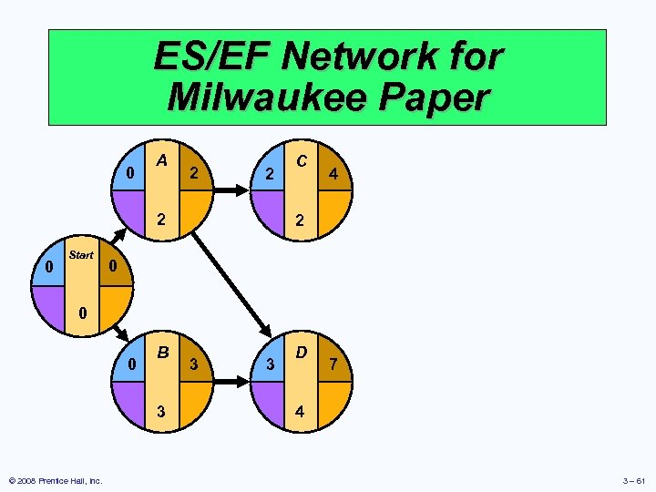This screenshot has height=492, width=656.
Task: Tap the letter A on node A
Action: tap(161, 160)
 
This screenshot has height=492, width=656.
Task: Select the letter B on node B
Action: tap(163, 352)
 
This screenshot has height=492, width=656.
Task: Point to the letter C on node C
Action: tap(301, 160)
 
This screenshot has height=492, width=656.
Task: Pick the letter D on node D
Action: tap(301, 352)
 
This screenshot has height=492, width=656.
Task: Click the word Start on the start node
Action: tap(81, 255)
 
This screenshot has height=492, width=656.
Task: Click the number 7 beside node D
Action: tap(334, 365)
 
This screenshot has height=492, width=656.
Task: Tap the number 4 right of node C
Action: tap(334, 173)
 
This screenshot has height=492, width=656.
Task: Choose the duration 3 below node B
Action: tap(161, 410)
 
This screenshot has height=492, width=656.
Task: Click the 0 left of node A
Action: tap(130, 173)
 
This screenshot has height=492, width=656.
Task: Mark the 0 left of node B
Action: tap(132, 365)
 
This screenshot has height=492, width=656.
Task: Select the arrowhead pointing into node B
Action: tap(124, 332)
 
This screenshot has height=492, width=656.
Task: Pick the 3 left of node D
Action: tap(269, 365)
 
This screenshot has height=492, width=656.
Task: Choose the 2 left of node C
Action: tap(268, 173)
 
